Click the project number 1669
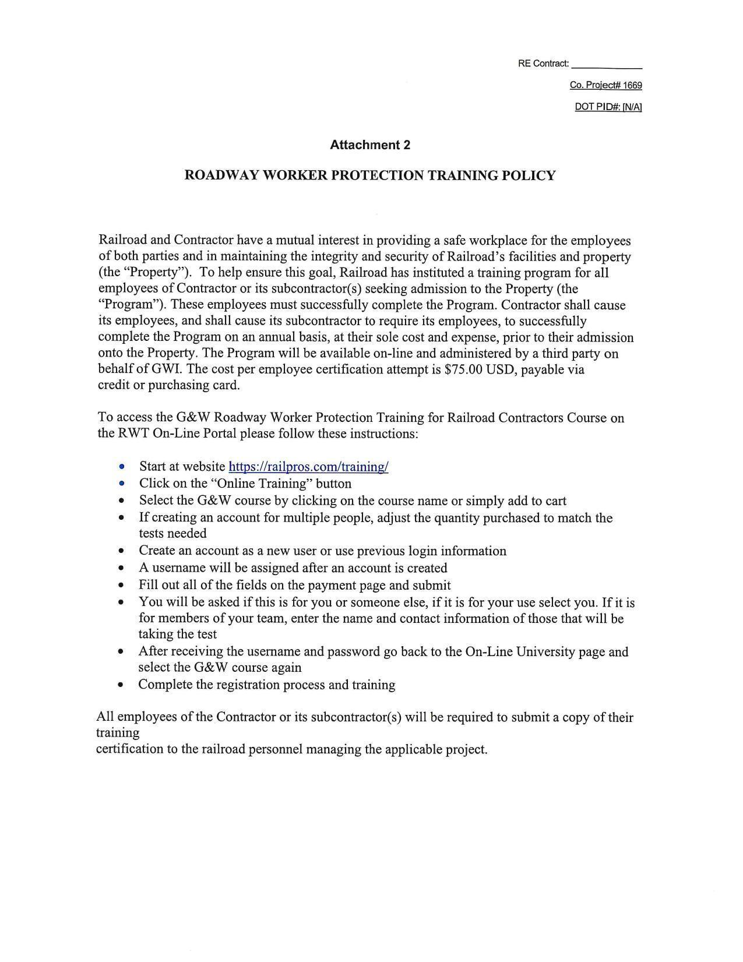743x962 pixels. click(632, 86)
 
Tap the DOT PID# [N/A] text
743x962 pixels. click(608, 107)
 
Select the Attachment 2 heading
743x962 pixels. click(370, 145)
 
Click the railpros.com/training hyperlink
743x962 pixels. click(308, 467)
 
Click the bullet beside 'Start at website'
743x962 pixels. click(121, 467)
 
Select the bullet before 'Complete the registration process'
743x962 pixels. click(121, 685)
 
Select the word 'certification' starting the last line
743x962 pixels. click(129, 749)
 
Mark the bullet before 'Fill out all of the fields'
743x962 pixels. click(121, 586)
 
